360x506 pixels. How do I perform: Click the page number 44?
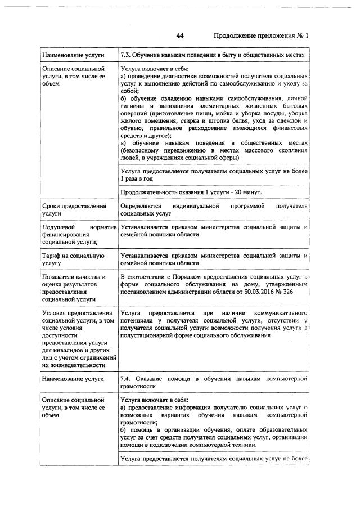[x=181, y=35]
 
